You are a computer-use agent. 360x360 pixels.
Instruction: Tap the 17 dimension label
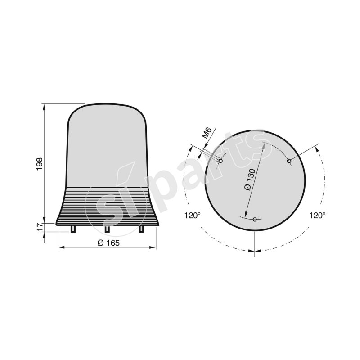pos(39,227)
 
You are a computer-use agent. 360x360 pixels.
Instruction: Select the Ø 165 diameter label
pos(107,243)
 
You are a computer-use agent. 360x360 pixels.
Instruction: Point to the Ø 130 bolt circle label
pos(250,180)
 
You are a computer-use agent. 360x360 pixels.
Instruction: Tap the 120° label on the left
pos(192,216)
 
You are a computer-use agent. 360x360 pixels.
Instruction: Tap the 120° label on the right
pos(317,216)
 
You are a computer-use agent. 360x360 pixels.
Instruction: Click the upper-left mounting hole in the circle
pos(220,161)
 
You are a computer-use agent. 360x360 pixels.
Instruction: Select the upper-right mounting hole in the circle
pos(289,161)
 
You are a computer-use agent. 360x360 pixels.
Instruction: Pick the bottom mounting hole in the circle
pos(255,220)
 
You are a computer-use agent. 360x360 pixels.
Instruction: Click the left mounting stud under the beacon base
pos(73,229)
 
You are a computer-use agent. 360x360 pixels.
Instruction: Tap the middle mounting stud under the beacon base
pos(107,229)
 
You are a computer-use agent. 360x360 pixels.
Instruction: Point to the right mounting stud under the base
pos(141,229)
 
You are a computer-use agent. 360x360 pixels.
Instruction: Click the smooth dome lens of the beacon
pos(107,144)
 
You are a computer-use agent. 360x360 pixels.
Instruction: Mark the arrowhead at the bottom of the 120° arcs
pos(255,250)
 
